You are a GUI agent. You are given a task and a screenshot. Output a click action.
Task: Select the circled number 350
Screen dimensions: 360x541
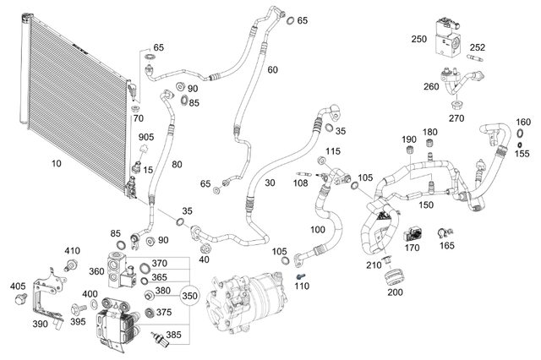190,297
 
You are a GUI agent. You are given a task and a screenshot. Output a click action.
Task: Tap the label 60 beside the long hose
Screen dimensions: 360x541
271,69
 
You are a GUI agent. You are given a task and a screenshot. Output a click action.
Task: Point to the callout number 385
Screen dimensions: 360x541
172,334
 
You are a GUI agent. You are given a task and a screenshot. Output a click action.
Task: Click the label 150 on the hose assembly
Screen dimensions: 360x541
427,205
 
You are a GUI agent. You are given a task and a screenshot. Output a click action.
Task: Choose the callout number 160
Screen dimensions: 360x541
523,123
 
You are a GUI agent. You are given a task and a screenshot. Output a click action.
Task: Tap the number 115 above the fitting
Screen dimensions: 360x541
332,150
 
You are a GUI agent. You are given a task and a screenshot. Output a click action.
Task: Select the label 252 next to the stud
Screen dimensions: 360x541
478,47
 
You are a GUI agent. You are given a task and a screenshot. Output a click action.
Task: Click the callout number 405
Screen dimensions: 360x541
18,286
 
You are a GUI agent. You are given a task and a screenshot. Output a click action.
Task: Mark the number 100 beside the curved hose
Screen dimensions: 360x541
318,229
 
